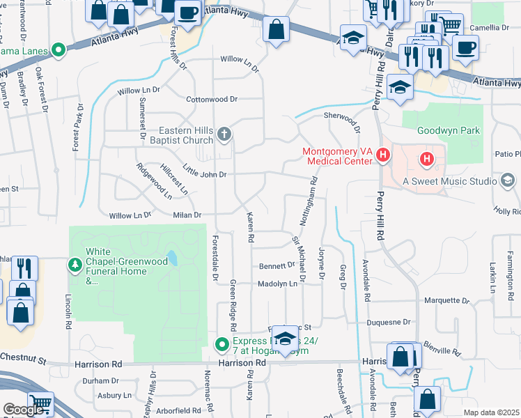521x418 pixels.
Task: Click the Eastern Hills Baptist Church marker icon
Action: [224, 134]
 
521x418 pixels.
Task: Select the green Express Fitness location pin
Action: [222, 344]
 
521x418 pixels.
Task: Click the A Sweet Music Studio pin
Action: [508, 181]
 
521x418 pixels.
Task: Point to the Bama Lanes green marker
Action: [59, 50]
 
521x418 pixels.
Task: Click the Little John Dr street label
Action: [204, 171]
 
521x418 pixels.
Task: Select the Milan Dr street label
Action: [187, 215]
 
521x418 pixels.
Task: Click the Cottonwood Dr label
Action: [212, 99]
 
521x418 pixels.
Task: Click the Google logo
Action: [23, 410]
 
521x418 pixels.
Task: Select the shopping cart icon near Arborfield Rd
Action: [40, 403]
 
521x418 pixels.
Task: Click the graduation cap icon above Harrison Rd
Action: [284, 339]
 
